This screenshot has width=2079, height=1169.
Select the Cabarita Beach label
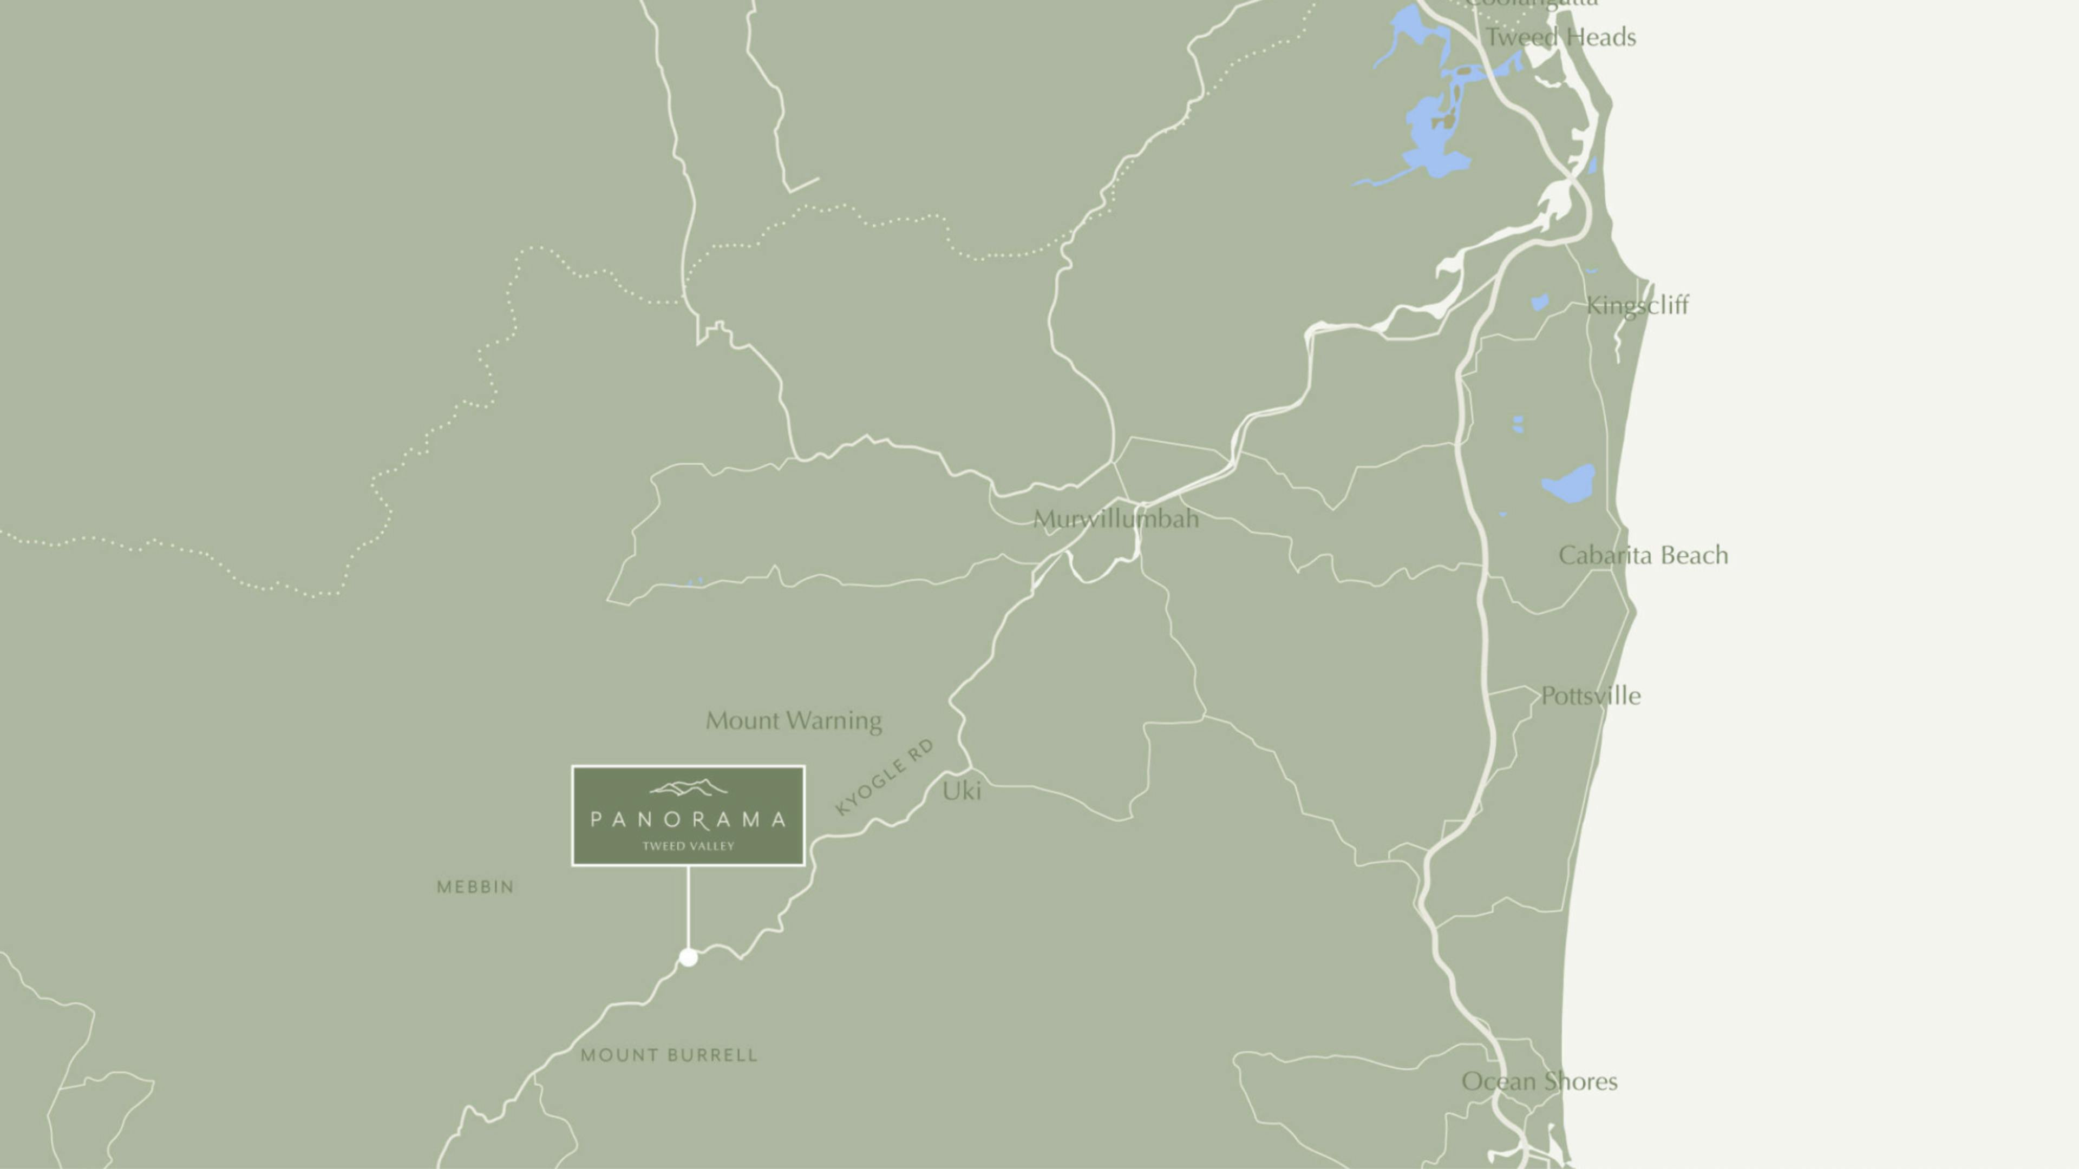point(1643,555)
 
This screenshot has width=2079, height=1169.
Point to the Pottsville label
point(1590,695)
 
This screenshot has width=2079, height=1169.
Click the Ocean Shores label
point(1539,1081)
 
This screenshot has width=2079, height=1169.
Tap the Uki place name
point(961,791)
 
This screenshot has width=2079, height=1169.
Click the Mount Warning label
point(793,720)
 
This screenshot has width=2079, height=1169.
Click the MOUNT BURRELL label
point(669,1055)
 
